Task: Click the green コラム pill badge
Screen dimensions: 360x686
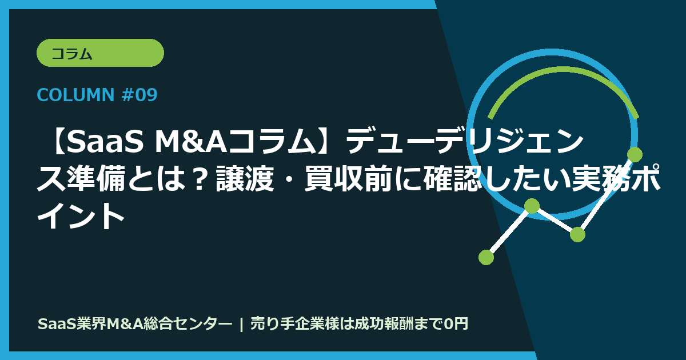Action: pyautogui.click(x=100, y=53)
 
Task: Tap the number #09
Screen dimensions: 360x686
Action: pyautogui.click(x=138, y=95)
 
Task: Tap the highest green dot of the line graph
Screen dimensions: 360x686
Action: pyautogui.click(x=635, y=154)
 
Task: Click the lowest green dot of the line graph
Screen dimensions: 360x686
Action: pyautogui.click(x=486, y=257)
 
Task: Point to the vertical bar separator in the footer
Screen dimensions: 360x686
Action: pyautogui.click(x=242, y=324)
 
